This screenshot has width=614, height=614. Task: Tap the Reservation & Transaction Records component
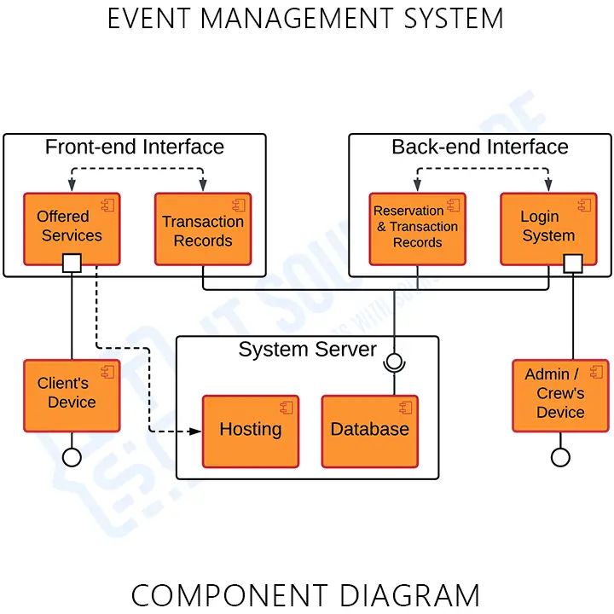click(x=417, y=229)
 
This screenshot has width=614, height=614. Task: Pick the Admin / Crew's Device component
click(x=560, y=394)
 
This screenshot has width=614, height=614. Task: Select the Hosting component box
click(x=250, y=431)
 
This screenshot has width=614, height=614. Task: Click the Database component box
click(x=369, y=431)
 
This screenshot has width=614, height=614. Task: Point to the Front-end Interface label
click(x=135, y=147)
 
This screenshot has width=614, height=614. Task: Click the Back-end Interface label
click(x=480, y=147)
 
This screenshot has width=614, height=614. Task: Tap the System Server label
click(x=307, y=350)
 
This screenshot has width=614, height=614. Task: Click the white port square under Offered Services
click(x=72, y=263)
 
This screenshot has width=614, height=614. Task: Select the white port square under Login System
click(x=573, y=263)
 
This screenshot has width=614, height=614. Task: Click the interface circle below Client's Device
click(x=72, y=457)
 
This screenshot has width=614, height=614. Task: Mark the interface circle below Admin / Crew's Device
click(x=560, y=457)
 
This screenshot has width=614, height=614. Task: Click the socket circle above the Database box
click(x=393, y=362)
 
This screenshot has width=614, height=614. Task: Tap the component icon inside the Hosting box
click(x=286, y=408)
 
